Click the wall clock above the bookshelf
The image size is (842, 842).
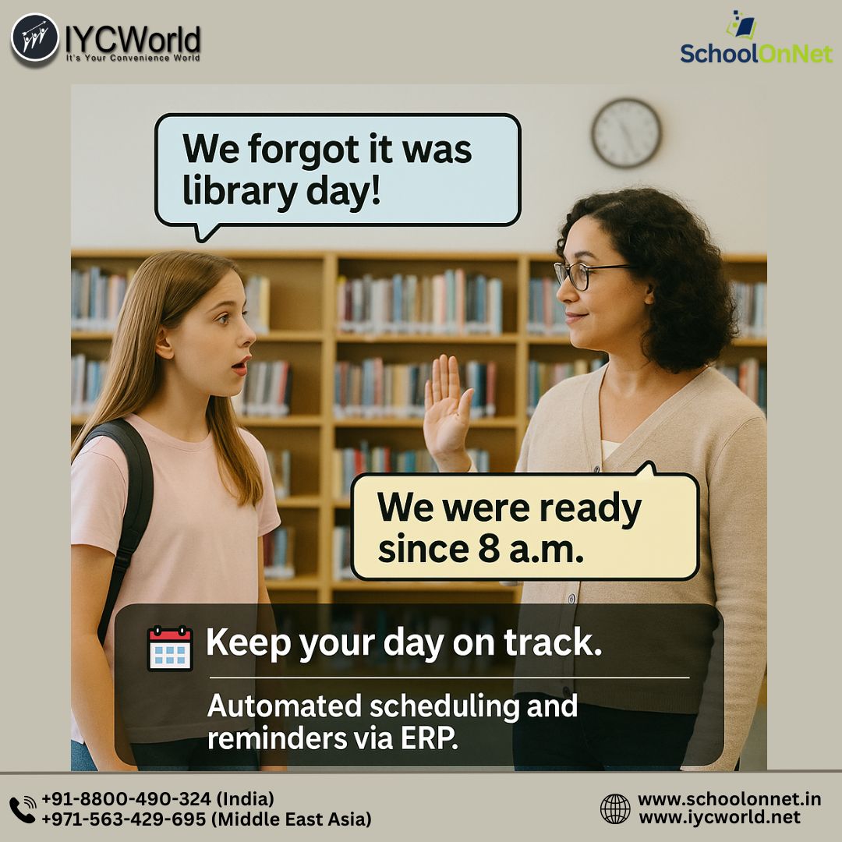(626, 133)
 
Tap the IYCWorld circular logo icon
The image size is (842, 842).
(35, 39)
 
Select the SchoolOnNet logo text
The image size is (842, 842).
(755, 53)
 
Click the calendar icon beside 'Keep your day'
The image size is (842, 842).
(170, 648)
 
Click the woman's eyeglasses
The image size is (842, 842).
(586, 274)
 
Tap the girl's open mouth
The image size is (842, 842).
(241, 365)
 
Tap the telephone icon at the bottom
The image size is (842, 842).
(23, 809)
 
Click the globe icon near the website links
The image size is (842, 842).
(615, 808)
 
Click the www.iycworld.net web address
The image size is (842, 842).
(719, 817)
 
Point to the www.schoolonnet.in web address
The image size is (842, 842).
(729, 799)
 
